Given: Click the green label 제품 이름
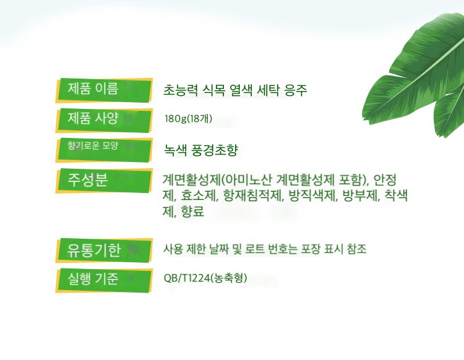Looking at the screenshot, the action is (104, 90).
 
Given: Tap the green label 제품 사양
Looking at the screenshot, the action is (104, 120).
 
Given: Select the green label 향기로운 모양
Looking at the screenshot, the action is (104, 150).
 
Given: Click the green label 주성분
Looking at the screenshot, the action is (104, 181).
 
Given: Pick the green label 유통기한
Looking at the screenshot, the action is (104, 251).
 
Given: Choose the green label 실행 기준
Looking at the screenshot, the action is (104, 280).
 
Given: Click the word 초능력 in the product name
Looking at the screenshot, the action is (180, 90).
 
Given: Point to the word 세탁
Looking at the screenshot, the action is (268, 90).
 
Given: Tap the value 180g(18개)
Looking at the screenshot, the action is (188, 119).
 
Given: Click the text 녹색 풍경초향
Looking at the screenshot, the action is (201, 150).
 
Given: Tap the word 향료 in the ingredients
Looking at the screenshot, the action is (192, 212).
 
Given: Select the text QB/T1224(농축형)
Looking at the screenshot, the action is (205, 278).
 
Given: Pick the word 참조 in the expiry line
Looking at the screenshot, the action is (356, 249).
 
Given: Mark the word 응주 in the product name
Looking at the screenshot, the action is (296, 90).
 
